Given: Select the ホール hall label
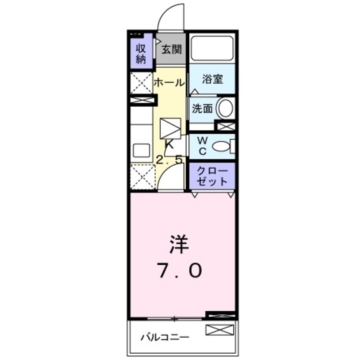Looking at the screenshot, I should [x=169, y=82].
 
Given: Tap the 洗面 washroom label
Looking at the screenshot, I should [x=202, y=109].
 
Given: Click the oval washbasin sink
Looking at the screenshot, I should [x=226, y=108].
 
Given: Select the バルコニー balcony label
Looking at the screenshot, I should [x=165, y=338].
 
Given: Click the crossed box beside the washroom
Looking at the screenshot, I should [x=225, y=126].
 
